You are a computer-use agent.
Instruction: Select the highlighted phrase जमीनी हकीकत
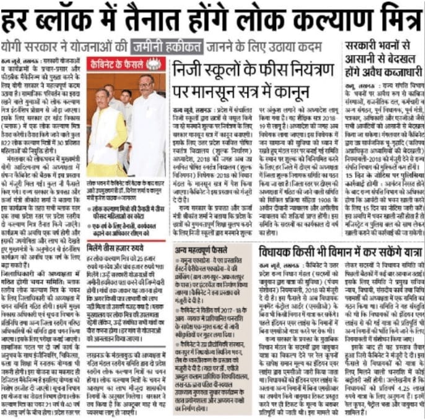point(167,46)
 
